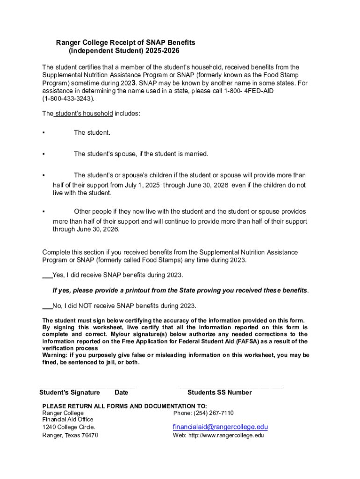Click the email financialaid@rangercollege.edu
point(220,427)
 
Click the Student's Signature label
point(70,392)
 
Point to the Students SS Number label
point(219,392)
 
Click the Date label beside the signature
point(121,392)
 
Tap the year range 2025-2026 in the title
point(162,51)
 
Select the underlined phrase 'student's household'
point(83,114)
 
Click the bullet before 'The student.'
point(43,133)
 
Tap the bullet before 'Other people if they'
point(43,212)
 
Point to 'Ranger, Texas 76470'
point(70,435)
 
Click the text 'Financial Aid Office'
point(68,420)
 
